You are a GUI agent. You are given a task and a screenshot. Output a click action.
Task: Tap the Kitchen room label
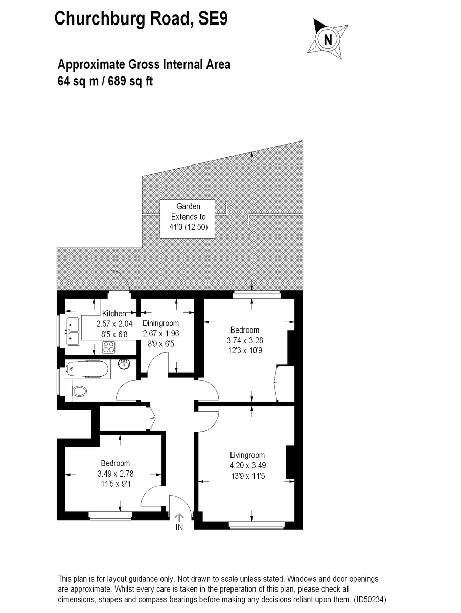click(x=113, y=313)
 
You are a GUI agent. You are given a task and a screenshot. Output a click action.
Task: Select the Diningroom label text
click(x=160, y=323)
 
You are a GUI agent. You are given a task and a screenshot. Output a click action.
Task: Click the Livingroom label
click(x=247, y=455)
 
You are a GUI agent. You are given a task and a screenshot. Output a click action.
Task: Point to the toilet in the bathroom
click(x=79, y=391)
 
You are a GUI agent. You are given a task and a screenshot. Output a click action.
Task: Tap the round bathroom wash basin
click(x=124, y=364)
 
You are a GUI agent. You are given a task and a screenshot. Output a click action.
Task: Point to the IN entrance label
click(x=179, y=527)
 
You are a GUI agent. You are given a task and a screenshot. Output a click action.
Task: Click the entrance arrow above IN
click(x=179, y=517)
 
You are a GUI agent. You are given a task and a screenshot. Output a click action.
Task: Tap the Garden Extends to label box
click(x=188, y=217)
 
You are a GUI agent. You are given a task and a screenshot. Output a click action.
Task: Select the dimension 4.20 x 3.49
click(x=247, y=465)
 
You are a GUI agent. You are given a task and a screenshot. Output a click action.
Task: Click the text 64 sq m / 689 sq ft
click(x=105, y=81)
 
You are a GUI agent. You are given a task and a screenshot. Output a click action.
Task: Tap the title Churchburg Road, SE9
click(x=141, y=19)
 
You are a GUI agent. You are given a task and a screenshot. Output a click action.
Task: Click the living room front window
click(x=257, y=524)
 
